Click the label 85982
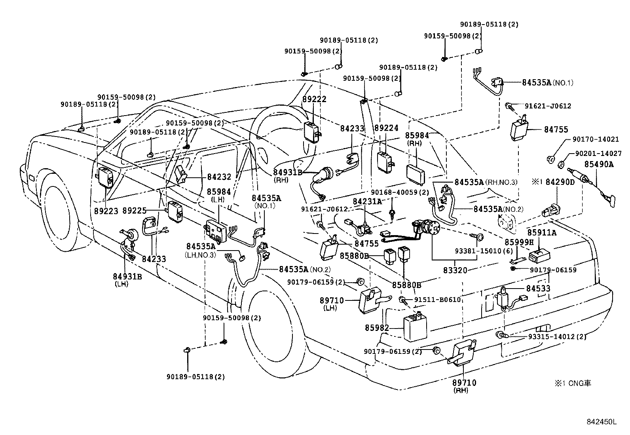377,328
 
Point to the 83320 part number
455,270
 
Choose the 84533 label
538,289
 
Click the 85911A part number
541,233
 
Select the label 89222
314,99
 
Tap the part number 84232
219,177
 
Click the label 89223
106,211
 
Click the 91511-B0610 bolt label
438,300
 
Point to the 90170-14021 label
596,139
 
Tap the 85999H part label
519,241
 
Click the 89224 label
387,128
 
